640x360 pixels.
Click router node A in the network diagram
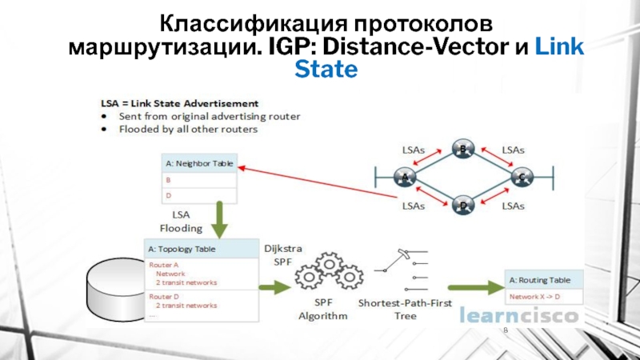tap(404, 177)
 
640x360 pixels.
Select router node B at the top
tap(462, 149)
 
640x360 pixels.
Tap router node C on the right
tap(521, 177)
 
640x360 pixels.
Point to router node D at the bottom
tap(462, 206)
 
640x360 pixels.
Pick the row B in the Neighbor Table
tap(199, 180)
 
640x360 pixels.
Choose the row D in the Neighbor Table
tap(199, 195)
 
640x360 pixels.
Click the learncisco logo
tap(519, 317)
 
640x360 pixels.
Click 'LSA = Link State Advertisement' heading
tap(179, 103)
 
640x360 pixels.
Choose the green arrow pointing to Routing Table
tap(472, 287)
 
